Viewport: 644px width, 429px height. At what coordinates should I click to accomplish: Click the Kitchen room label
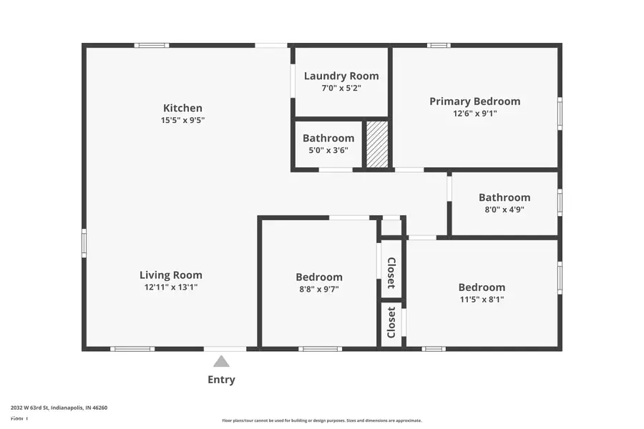pos(182,108)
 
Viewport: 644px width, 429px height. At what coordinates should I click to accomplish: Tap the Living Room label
pos(170,275)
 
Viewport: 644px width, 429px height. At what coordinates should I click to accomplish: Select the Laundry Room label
pos(341,76)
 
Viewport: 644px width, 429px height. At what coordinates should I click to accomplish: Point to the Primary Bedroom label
pos(474,101)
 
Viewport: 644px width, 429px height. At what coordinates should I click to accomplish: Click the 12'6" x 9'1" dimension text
pos(474,113)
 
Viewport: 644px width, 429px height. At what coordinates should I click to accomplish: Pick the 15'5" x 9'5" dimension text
pos(182,120)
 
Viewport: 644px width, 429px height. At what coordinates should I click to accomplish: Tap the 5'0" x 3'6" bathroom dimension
pos(328,150)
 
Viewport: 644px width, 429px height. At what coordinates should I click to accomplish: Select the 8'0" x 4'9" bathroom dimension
pos(504,209)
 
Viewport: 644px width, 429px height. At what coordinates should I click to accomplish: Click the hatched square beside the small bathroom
pos(377,144)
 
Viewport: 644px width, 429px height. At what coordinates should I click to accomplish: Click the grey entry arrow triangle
pos(221,362)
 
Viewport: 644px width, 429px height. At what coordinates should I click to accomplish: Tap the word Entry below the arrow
pos(221,380)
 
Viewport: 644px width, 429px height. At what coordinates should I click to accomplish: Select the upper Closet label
pos(391,272)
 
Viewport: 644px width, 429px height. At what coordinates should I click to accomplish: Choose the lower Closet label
pos(391,322)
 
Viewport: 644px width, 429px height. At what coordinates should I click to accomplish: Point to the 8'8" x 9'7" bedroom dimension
pos(318,289)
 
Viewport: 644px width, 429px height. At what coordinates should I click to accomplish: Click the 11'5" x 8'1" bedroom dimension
pos(481,300)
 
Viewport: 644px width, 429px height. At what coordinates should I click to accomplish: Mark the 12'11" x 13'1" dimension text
pos(170,287)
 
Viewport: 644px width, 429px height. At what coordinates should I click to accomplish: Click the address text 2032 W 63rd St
pos(59,408)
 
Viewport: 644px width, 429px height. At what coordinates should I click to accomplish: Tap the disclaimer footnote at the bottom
pos(321,420)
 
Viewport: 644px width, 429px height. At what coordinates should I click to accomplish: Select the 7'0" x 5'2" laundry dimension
pos(341,88)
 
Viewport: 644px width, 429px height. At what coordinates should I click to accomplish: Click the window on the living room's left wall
pos(84,242)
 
